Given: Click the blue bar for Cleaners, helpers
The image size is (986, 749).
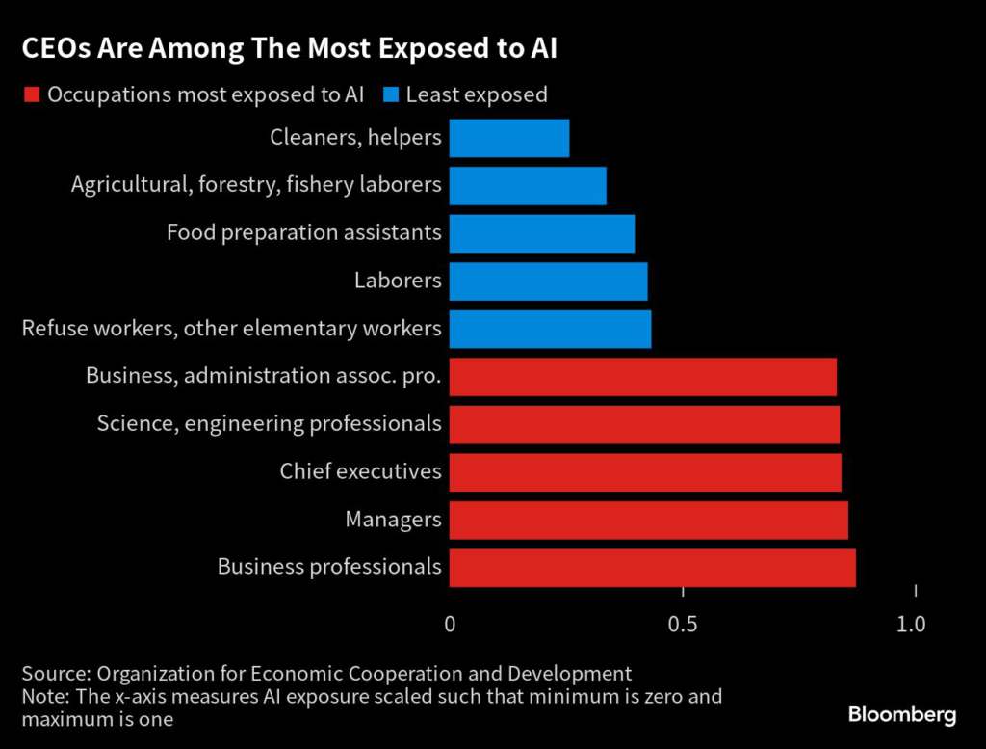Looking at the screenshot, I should (x=508, y=138).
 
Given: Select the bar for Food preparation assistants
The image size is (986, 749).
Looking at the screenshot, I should (x=541, y=233).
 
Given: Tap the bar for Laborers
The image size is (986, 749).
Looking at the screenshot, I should (x=548, y=281).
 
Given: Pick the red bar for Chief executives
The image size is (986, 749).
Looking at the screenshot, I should (x=645, y=472).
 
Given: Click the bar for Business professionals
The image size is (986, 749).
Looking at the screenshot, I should (x=652, y=568).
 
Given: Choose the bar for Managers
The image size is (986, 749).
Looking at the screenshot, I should (x=648, y=521).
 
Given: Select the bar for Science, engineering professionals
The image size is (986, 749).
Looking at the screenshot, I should (x=644, y=424).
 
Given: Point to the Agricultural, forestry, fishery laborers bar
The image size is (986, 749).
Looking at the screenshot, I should (x=528, y=186).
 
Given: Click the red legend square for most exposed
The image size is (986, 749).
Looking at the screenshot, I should (x=31, y=94).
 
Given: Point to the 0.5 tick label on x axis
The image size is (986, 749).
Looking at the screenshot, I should (x=682, y=625).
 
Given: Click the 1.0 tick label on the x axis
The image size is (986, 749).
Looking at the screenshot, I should (x=910, y=625).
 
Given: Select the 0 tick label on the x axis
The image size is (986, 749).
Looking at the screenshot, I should (x=450, y=625).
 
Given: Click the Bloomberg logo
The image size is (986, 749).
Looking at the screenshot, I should (x=901, y=714).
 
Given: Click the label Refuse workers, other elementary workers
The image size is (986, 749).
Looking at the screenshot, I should (x=231, y=329).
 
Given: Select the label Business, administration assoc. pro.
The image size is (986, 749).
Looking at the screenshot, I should (x=263, y=376).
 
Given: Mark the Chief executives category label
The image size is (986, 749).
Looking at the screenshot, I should (x=360, y=471).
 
